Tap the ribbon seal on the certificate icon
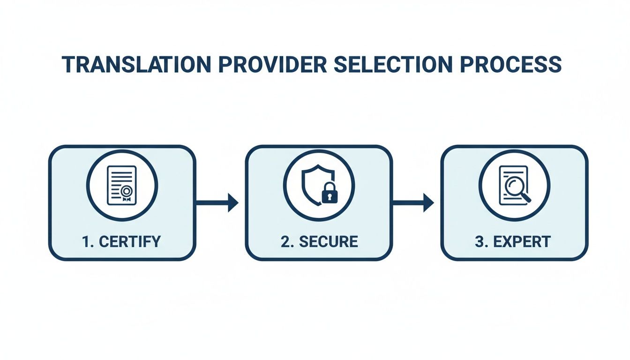click(126, 193)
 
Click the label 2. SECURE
click(319, 242)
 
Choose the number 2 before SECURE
click(285, 242)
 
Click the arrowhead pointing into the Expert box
click(428, 203)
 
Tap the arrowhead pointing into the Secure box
click(233, 203)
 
